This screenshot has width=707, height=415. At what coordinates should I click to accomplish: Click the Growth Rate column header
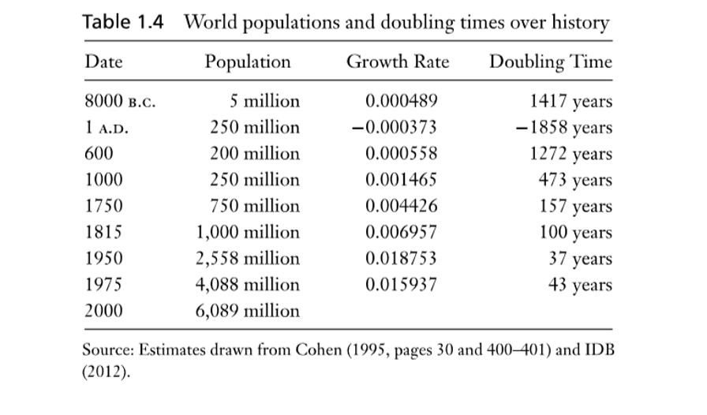pos(398,62)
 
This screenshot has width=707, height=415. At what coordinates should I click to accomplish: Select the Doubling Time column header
pos(551,62)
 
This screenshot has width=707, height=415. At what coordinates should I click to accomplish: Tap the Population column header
pos(248,62)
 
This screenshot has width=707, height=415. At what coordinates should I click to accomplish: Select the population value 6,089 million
pos(248,311)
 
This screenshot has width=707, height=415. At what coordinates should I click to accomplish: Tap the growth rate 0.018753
pos(402,259)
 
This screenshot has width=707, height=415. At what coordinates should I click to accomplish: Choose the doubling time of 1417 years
pos(571,102)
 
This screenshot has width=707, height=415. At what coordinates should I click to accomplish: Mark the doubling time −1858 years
pos(566,128)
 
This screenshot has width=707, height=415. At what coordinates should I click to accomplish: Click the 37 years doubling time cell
pos(580,259)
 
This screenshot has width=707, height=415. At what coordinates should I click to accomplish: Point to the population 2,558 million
pos(248,259)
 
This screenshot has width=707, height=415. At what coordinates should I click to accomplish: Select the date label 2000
pos(103,311)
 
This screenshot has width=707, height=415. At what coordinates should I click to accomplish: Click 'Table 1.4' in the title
pos(123,22)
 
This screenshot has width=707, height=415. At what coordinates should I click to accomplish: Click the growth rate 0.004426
pos(402,207)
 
